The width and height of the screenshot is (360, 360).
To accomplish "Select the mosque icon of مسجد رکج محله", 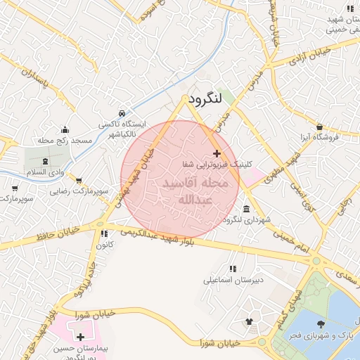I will [x=65, y=129].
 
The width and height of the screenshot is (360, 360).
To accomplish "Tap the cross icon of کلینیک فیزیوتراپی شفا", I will [x=216, y=153].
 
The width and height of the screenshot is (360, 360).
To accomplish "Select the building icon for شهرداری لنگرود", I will [x=245, y=210].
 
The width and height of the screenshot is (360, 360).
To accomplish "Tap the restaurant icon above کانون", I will [x=103, y=233].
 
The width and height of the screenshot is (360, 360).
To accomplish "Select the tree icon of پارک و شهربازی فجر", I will [x=321, y=324].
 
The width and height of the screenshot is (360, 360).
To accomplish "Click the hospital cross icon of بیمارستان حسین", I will [x=80, y=337].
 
